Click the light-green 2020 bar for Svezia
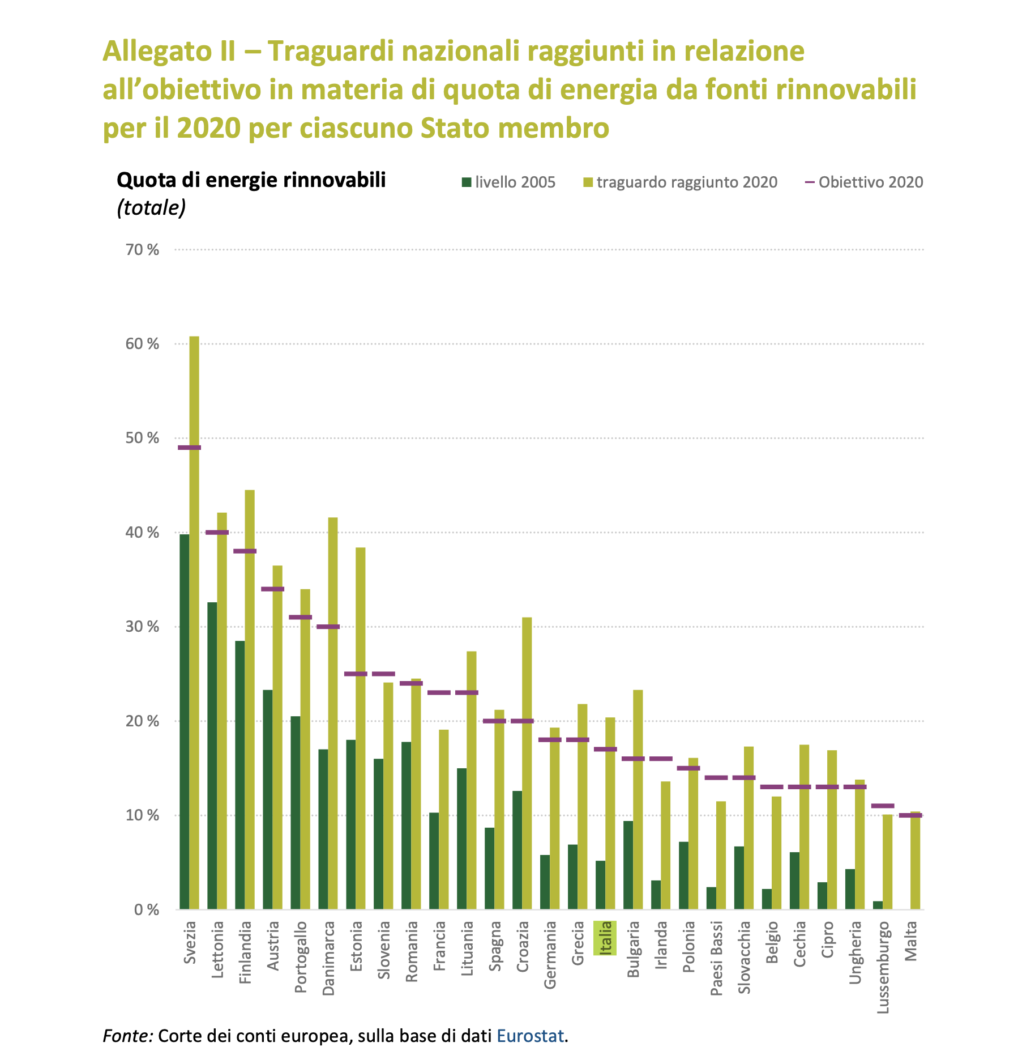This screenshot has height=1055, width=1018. tap(194, 623)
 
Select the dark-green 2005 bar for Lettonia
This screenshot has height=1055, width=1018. tap(212, 756)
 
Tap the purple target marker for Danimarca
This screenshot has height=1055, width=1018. tap(328, 627)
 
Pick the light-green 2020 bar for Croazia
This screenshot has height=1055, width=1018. tap(527, 763)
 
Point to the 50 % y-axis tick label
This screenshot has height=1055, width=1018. tap(142, 438)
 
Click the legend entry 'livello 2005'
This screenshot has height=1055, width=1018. tap(508, 182)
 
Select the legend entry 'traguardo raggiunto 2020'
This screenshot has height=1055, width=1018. tap(680, 182)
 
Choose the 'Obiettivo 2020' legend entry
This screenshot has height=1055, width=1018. tap(864, 182)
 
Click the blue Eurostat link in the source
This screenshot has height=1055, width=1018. tap(531, 1035)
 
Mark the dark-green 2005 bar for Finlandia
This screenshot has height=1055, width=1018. tap(240, 775)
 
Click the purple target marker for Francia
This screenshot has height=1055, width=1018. tap(439, 692)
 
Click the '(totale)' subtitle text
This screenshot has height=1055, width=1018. tap(151, 208)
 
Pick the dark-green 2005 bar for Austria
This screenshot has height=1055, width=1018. tap(268, 799)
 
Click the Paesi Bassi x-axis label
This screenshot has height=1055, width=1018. tap(716, 958)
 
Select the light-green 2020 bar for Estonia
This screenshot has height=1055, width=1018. tap(360, 728)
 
